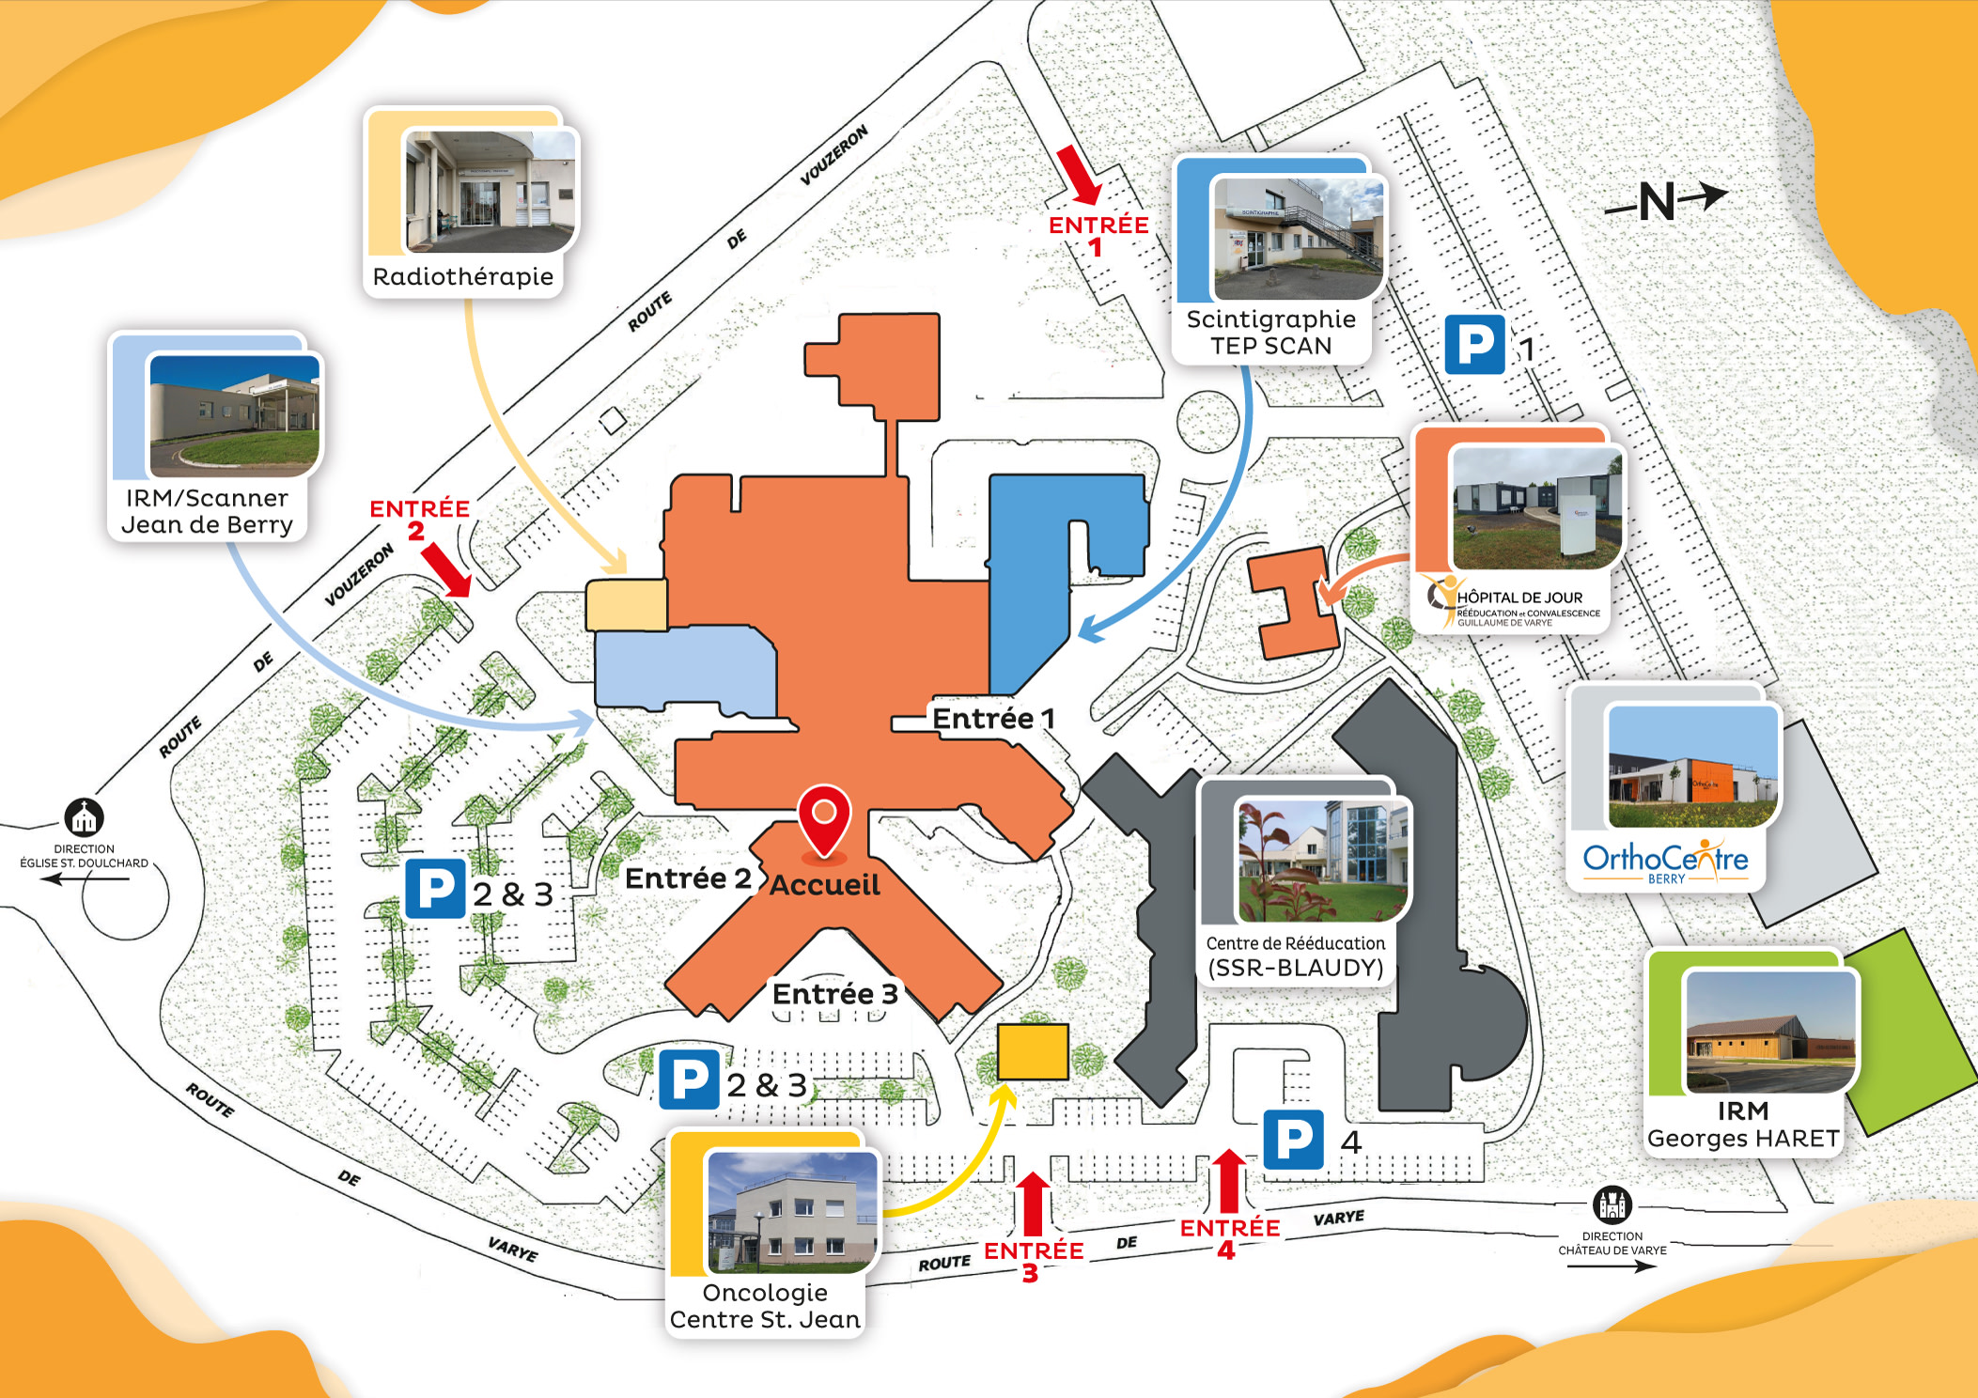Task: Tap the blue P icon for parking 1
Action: [x=1474, y=345]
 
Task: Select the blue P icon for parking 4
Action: [x=1293, y=1139]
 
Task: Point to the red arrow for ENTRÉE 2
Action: [x=446, y=569]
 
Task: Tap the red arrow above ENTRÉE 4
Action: [x=1228, y=1181]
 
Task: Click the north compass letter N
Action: [x=1658, y=201]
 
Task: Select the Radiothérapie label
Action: [x=463, y=277]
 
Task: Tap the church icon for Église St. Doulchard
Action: [x=85, y=817]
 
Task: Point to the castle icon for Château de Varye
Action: [x=1612, y=1204]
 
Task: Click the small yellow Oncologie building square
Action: [x=1033, y=1051]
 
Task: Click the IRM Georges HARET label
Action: [x=1743, y=1125]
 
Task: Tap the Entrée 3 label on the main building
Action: [x=834, y=993]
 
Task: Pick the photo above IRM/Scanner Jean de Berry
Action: [x=234, y=414]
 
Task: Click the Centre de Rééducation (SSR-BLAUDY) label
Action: [x=1295, y=955]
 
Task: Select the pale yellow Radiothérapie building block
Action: [x=626, y=605]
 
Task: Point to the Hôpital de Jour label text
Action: [x=1519, y=598]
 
